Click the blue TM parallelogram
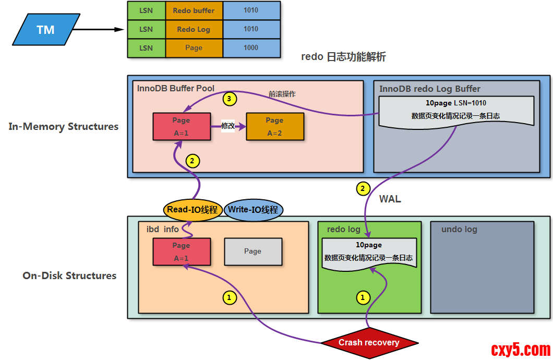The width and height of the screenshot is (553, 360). pos(46,30)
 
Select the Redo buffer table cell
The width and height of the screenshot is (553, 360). pos(194,10)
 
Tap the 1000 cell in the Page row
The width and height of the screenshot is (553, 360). pos(251,47)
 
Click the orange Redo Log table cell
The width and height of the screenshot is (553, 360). pos(194,29)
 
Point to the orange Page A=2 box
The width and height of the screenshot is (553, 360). pos(274,126)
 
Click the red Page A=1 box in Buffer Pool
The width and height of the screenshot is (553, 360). pos(182,126)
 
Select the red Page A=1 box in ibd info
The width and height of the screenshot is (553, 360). pos(182,251)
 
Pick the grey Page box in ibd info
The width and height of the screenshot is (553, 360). pos(253,251)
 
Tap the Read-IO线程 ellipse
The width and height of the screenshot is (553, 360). pos(192,210)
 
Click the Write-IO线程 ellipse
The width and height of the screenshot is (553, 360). pos(254,210)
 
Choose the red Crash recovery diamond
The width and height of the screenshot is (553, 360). pos(369,343)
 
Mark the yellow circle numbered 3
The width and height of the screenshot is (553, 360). pos(230,98)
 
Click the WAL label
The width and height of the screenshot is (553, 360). pos(390,199)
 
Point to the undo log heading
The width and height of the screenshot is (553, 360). pos(459,229)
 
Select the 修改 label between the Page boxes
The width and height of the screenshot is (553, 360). pos(228,126)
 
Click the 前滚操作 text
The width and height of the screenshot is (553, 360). pos(282,94)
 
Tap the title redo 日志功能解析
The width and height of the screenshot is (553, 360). pos(343,57)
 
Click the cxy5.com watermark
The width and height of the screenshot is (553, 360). pos(521,349)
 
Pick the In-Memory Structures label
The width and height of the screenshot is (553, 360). pos(64,126)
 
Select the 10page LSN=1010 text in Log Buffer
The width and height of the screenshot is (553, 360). pos(456,103)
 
